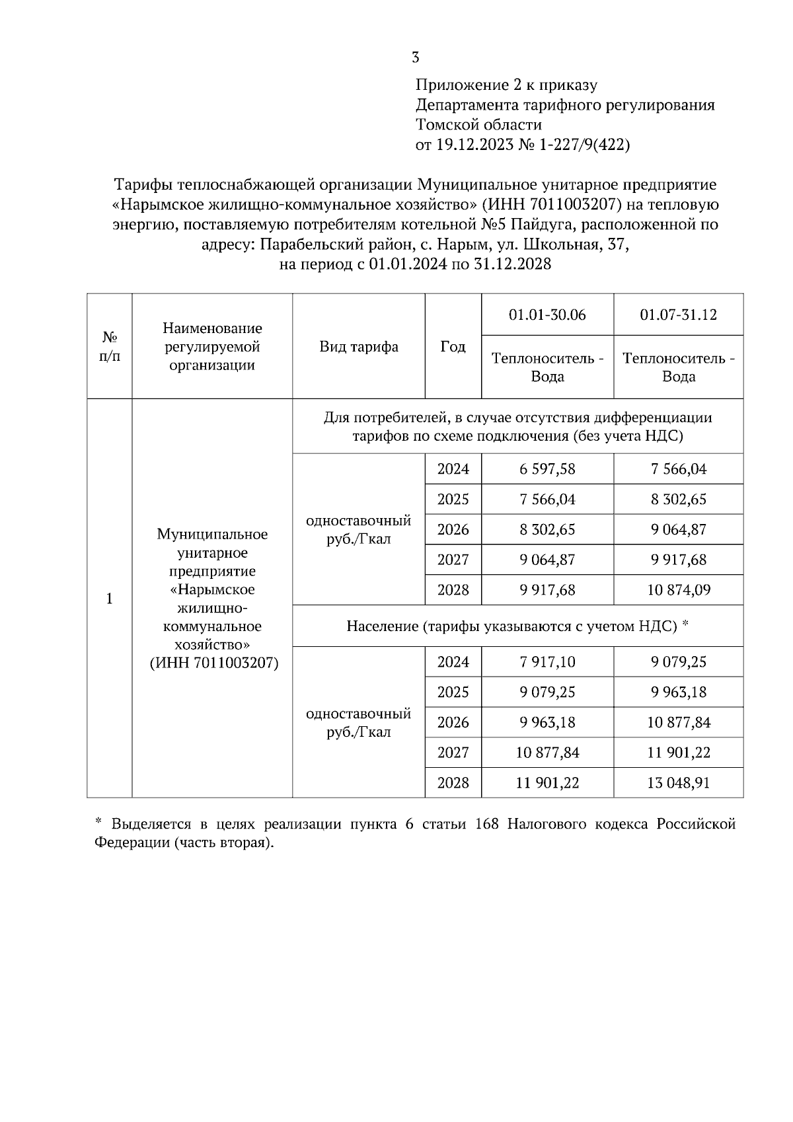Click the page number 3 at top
(415, 57)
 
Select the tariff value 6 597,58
(547, 469)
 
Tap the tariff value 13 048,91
(679, 783)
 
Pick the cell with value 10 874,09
(679, 590)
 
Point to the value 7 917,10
(547, 662)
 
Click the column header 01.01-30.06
(547, 315)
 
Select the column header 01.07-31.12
(679, 315)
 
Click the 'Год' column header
(453, 346)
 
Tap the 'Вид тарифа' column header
(359, 346)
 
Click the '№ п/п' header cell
(110, 346)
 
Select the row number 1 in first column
(110, 599)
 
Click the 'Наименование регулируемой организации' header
(212, 346)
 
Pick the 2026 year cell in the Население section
(453, 722)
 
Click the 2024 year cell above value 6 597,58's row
(453, 469)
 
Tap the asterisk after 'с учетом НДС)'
(685, 624)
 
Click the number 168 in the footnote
(486, 825)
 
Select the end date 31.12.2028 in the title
(512, 264)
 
